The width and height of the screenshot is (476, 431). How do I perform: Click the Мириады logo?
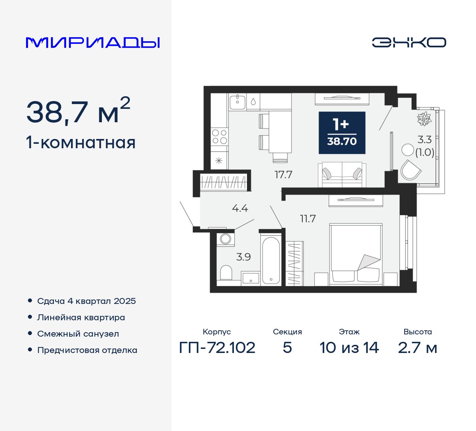coord(93,43)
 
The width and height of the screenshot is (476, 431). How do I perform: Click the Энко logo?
coord(409,42)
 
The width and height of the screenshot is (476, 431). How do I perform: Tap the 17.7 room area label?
coord(283,175)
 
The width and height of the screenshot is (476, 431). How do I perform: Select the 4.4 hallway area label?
coord(240,208)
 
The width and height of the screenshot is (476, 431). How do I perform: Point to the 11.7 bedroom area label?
coord(308,219)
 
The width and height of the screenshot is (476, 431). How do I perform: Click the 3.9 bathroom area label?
coord(244,257)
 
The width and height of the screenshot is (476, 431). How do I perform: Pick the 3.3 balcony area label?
coord(424,140)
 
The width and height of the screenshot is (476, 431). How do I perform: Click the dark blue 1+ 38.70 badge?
coord(342,133)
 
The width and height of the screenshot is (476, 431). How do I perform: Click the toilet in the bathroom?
coord(226,273)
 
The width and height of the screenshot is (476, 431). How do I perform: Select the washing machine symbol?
coord(226,239)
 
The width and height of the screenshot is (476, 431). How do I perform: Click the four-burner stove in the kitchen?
coord(219,136)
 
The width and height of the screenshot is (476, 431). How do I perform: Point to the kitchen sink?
coord(237,101)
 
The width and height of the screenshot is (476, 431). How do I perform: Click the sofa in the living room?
coord(342,174)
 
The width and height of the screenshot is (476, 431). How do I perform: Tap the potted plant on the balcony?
coord(424,119)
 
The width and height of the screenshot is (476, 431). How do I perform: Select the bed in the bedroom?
coord(356,254)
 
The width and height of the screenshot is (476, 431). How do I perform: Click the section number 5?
coord(287,348)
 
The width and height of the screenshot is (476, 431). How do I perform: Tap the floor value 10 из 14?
coord(349,348)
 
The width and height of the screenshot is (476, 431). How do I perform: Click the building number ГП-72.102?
coord(217,348)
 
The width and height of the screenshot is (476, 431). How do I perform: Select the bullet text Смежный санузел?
coord(78,334)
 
